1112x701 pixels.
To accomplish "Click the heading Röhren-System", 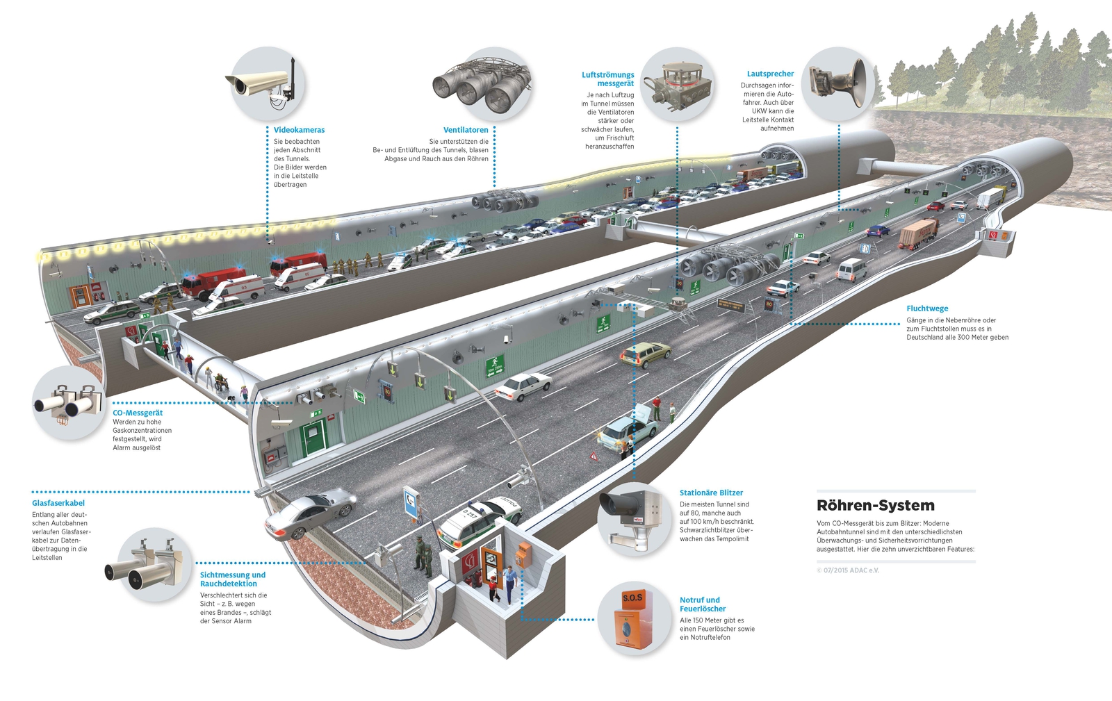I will pyautogui.click(x=875, y=506).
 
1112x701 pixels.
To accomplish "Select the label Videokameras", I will pyautogui.click(x=299, y=130).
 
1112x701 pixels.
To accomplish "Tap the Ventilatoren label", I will pyautogui.click(x=466, y=130).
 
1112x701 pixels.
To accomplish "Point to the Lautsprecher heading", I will pyautogui.click(x=770, y=74).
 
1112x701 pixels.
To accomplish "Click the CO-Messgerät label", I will pyautogui.click(x=138, y=413).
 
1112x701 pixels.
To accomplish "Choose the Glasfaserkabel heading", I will pyautogui.click(x=58, y=503).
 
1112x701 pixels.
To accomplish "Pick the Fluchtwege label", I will pyautogui.click(x=927, y=308).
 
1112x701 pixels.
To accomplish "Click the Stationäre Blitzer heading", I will pyautogui.click(x=711, y=493).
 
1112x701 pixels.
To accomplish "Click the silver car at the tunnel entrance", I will pyautogui.click(x=311, y=512).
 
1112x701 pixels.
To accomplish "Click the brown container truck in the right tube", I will pyautogui.click(x=919, y=233).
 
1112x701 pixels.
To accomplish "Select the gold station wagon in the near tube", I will pyautogui.click(x=646, y=354).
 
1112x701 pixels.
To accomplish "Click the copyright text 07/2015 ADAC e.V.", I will pyautogui.click(x=848, y=570).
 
